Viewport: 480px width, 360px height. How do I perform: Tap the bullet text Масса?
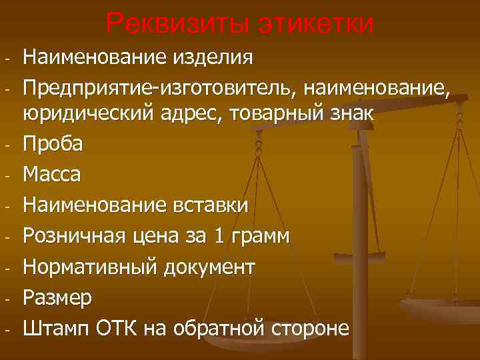52,175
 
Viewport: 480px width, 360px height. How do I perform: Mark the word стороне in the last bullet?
309,328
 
